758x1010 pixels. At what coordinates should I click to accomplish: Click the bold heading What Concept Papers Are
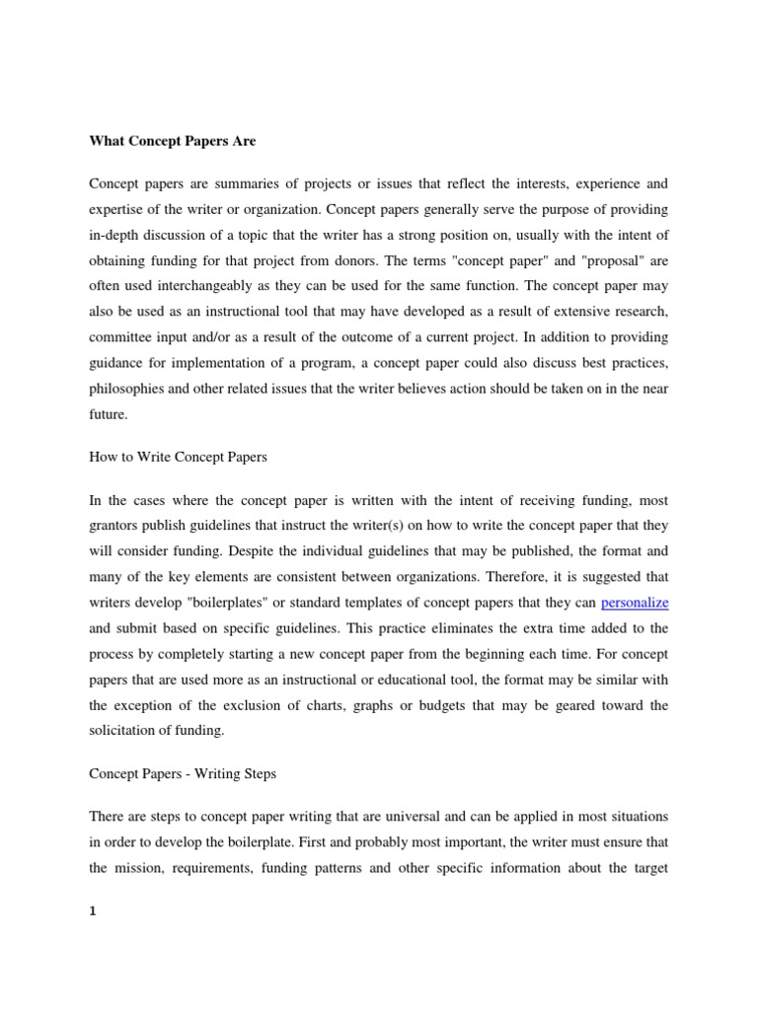(172, 141)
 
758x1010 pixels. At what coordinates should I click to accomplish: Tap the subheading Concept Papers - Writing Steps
(183, 774)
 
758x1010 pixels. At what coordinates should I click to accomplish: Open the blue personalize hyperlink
(635, 602)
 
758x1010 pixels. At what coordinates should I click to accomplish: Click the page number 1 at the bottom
(93, 911)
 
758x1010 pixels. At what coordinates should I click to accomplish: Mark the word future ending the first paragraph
(108, 414)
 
